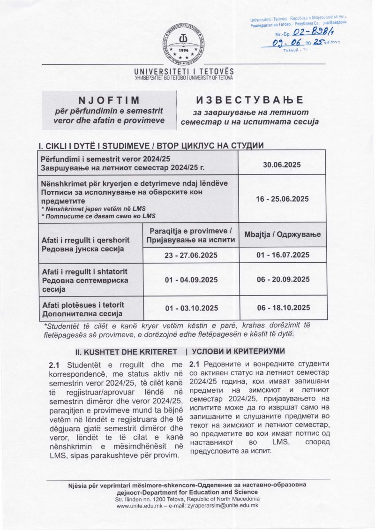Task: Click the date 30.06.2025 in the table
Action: tap(282, 165)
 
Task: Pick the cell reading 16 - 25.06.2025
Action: tap(282, 199)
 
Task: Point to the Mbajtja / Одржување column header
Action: tap(282, 234)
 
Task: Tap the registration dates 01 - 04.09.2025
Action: tap(191, 280)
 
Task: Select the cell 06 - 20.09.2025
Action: tap(282, 280)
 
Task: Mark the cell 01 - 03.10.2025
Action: tap(191, 308)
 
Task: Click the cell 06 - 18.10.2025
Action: tap(282, 308)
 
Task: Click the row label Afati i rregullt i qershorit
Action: tap(86, 240)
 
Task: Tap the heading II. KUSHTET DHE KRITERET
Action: tap(127, 351)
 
